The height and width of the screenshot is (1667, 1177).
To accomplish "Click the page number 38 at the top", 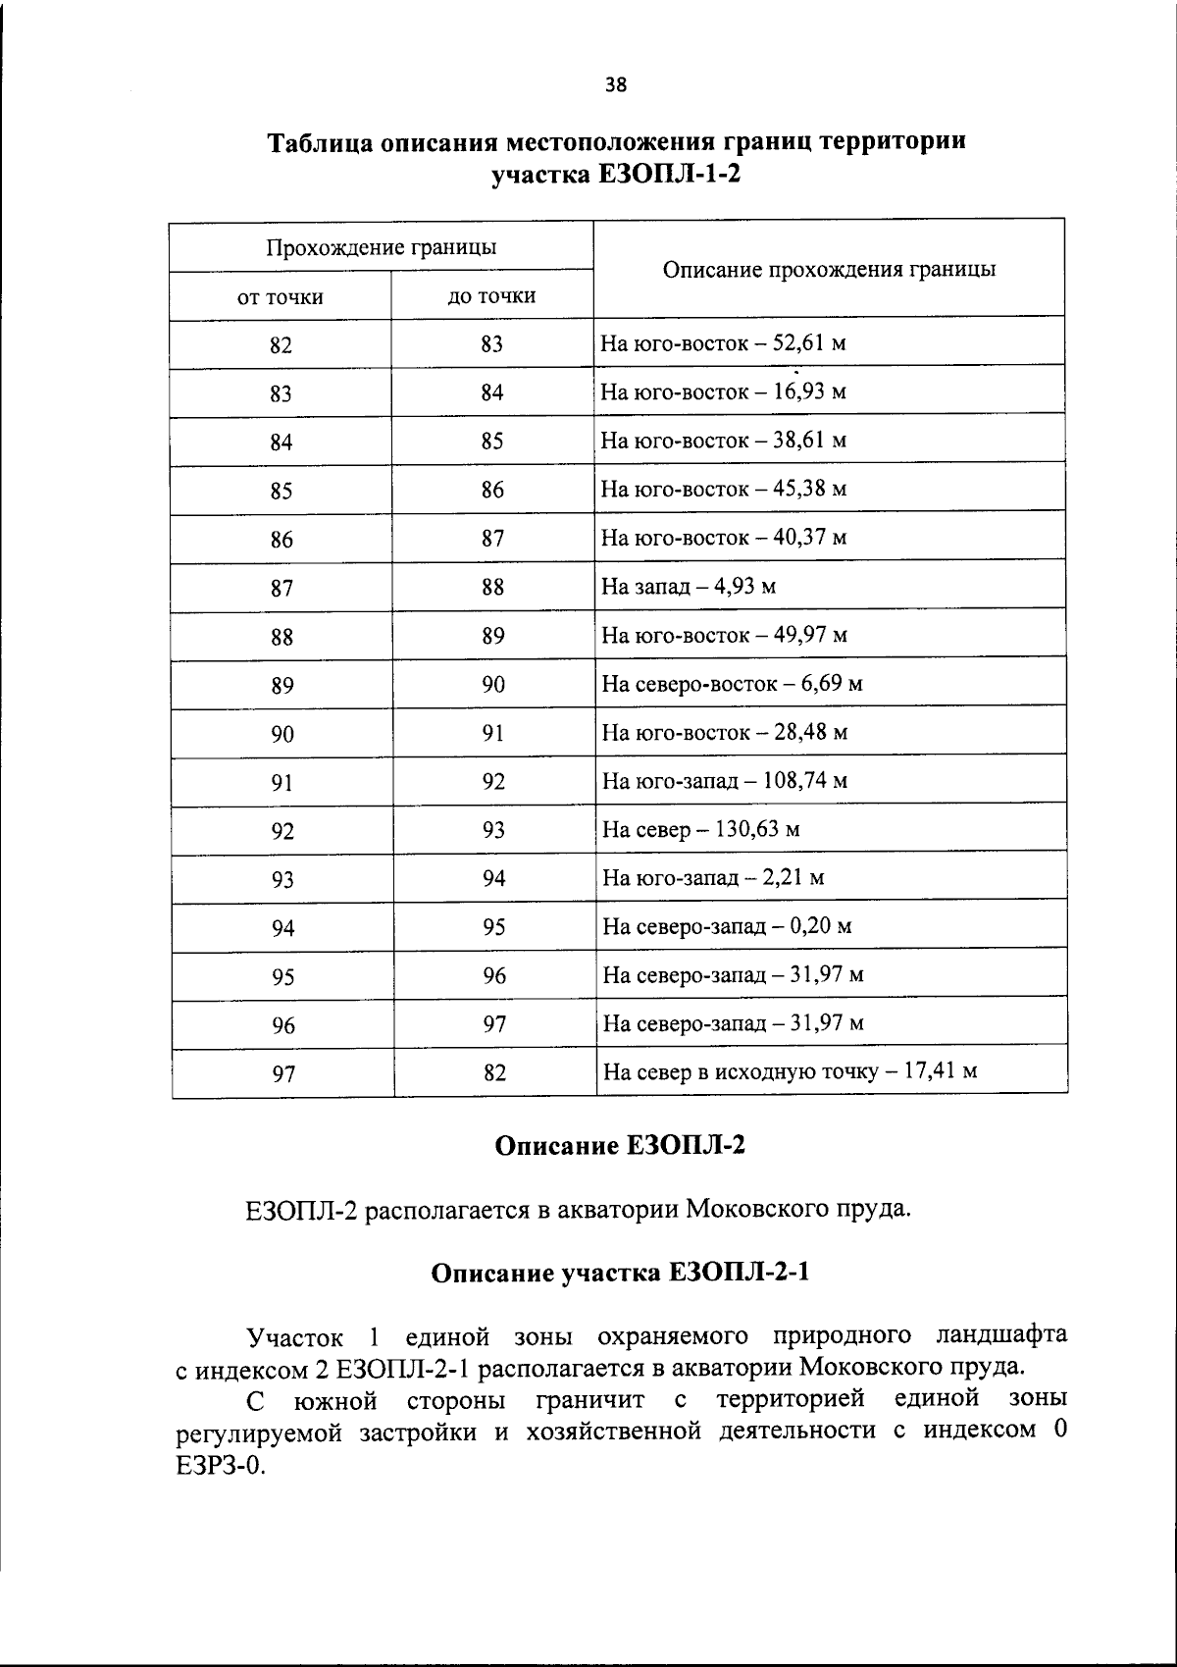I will point(616,84).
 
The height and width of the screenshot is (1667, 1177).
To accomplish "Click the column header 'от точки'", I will point(281,297).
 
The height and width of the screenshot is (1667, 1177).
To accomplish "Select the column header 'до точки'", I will point(492,296).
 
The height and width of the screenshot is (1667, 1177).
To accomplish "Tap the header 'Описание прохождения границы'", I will point(830,270).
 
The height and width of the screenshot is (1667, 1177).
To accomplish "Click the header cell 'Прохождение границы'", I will point(381,247).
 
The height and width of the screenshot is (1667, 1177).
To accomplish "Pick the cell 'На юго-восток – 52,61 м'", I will point(723,343).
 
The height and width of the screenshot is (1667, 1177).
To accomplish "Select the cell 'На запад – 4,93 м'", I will point(689,587).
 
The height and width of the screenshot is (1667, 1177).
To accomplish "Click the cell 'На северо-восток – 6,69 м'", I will point(732,684).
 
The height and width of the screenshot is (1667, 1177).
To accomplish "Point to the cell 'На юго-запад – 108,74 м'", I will point(724,781).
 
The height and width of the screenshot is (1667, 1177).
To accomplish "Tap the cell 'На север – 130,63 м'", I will point(701,830).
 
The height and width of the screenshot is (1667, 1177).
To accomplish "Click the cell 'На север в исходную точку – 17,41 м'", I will point(790,1071).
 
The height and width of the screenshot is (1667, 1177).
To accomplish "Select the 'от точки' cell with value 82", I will point(281,345).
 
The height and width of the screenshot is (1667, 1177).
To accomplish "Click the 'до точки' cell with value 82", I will point(494,1073).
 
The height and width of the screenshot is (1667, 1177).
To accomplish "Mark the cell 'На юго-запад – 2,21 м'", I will point(713,878).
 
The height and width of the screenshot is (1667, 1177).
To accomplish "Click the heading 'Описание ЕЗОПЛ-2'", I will point(620,1146).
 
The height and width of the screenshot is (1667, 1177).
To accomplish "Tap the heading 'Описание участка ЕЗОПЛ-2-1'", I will point(621,1274).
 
